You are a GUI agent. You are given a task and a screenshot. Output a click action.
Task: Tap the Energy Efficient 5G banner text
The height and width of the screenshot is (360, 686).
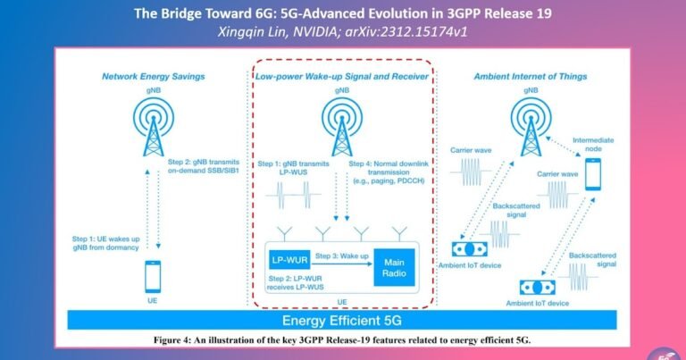pos(344,321)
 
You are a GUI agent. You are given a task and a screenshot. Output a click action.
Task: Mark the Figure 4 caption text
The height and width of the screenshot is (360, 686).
pos(343,340)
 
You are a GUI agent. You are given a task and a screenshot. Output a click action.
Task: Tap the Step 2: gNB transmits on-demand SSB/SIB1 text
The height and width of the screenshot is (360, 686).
pos(206,165)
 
